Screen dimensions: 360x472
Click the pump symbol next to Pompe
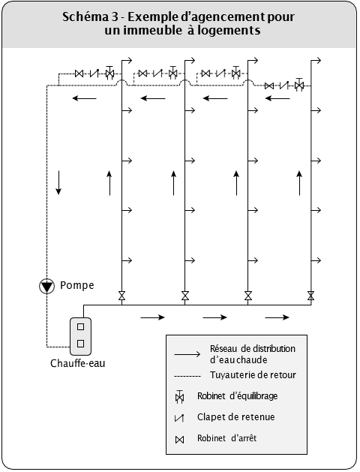coord(47,286)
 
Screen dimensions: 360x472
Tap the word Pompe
coord(77,285)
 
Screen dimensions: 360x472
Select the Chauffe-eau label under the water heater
coord(77,363)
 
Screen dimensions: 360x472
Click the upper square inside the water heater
coord(80,327)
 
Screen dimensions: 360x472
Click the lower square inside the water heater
coord(80,344)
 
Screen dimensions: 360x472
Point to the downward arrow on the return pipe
coord(58,182)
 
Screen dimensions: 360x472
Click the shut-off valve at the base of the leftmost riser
coord(121,296)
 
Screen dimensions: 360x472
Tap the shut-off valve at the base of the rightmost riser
coord(311,296)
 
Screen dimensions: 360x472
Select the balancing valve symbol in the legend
coord(179,396)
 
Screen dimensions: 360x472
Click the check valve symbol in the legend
coord(179,417)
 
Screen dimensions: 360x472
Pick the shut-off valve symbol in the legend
coord(179,440)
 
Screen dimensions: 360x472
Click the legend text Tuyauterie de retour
coord(253,375)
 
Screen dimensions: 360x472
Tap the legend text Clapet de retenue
coord(236,417)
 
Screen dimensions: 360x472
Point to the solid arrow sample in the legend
coord(187,354)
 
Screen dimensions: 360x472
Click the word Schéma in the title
coord(85,17)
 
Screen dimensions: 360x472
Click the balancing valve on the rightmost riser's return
coord(299,85)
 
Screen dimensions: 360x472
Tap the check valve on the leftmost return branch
coord(94,73)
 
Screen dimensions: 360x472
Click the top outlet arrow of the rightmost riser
coord(316,60)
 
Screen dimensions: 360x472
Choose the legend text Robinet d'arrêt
coord(227,438)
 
